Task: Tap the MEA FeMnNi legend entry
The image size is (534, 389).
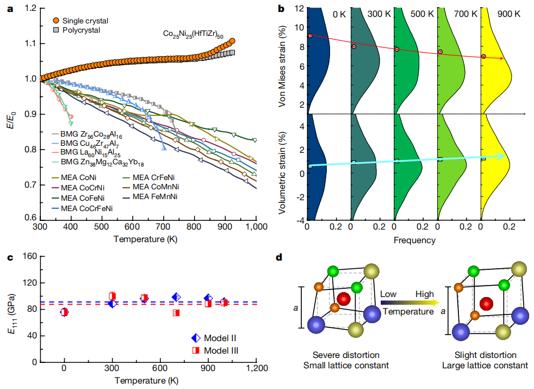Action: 158,196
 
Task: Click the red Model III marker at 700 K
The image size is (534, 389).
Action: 176,313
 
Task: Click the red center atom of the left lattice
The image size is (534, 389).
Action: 343,299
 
